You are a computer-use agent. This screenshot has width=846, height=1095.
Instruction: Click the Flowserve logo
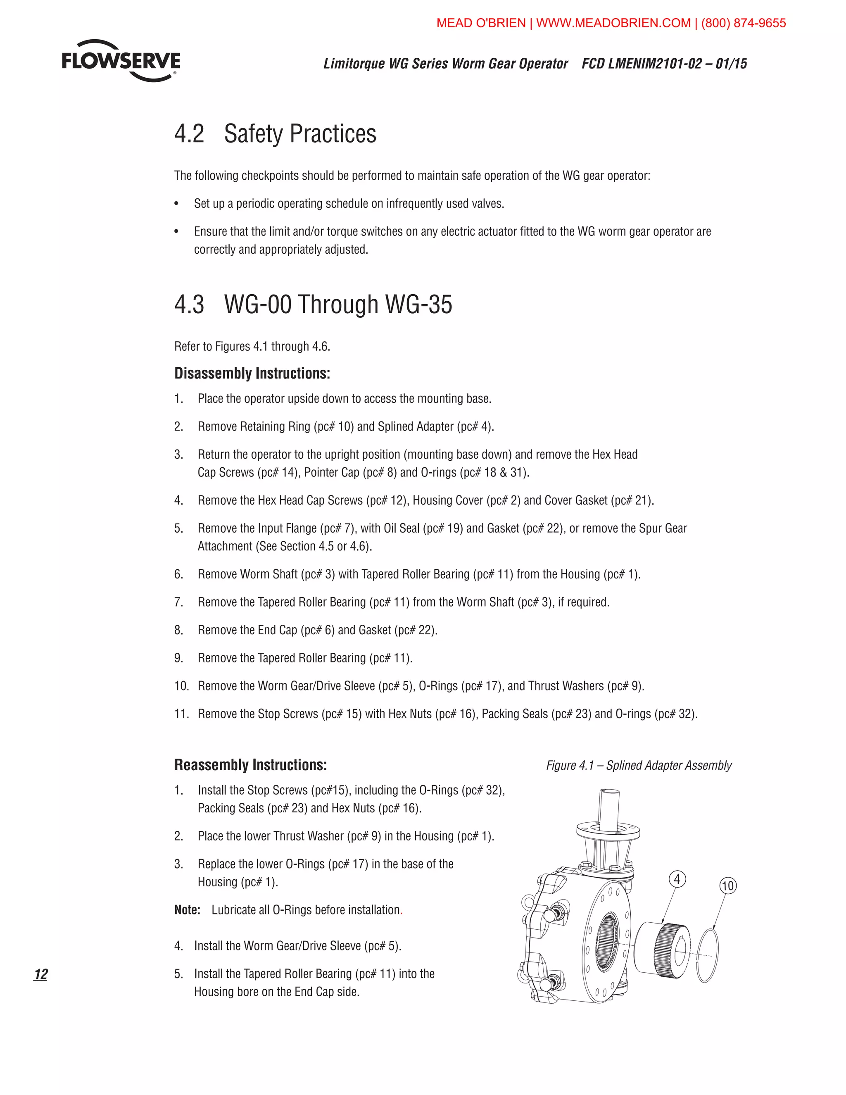click(121, 61)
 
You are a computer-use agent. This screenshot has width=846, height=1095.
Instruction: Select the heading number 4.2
click(189, 134)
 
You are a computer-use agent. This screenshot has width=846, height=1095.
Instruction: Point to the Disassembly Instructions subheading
click(252, 374)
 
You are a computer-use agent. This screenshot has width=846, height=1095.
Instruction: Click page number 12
click(40, 974)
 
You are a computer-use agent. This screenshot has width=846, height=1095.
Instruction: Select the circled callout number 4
click(677, 879)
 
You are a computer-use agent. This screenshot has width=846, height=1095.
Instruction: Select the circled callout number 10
click(728, 886)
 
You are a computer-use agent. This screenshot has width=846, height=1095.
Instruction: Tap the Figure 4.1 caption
click(639, 765)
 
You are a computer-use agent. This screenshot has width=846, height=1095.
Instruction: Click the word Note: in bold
click(187, 910)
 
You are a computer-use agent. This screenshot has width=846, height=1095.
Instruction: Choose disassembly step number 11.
click(181, 714)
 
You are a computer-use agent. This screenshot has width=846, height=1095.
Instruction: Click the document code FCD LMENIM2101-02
click(641, 64)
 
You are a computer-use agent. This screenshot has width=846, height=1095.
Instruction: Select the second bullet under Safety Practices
click(176, 232)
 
